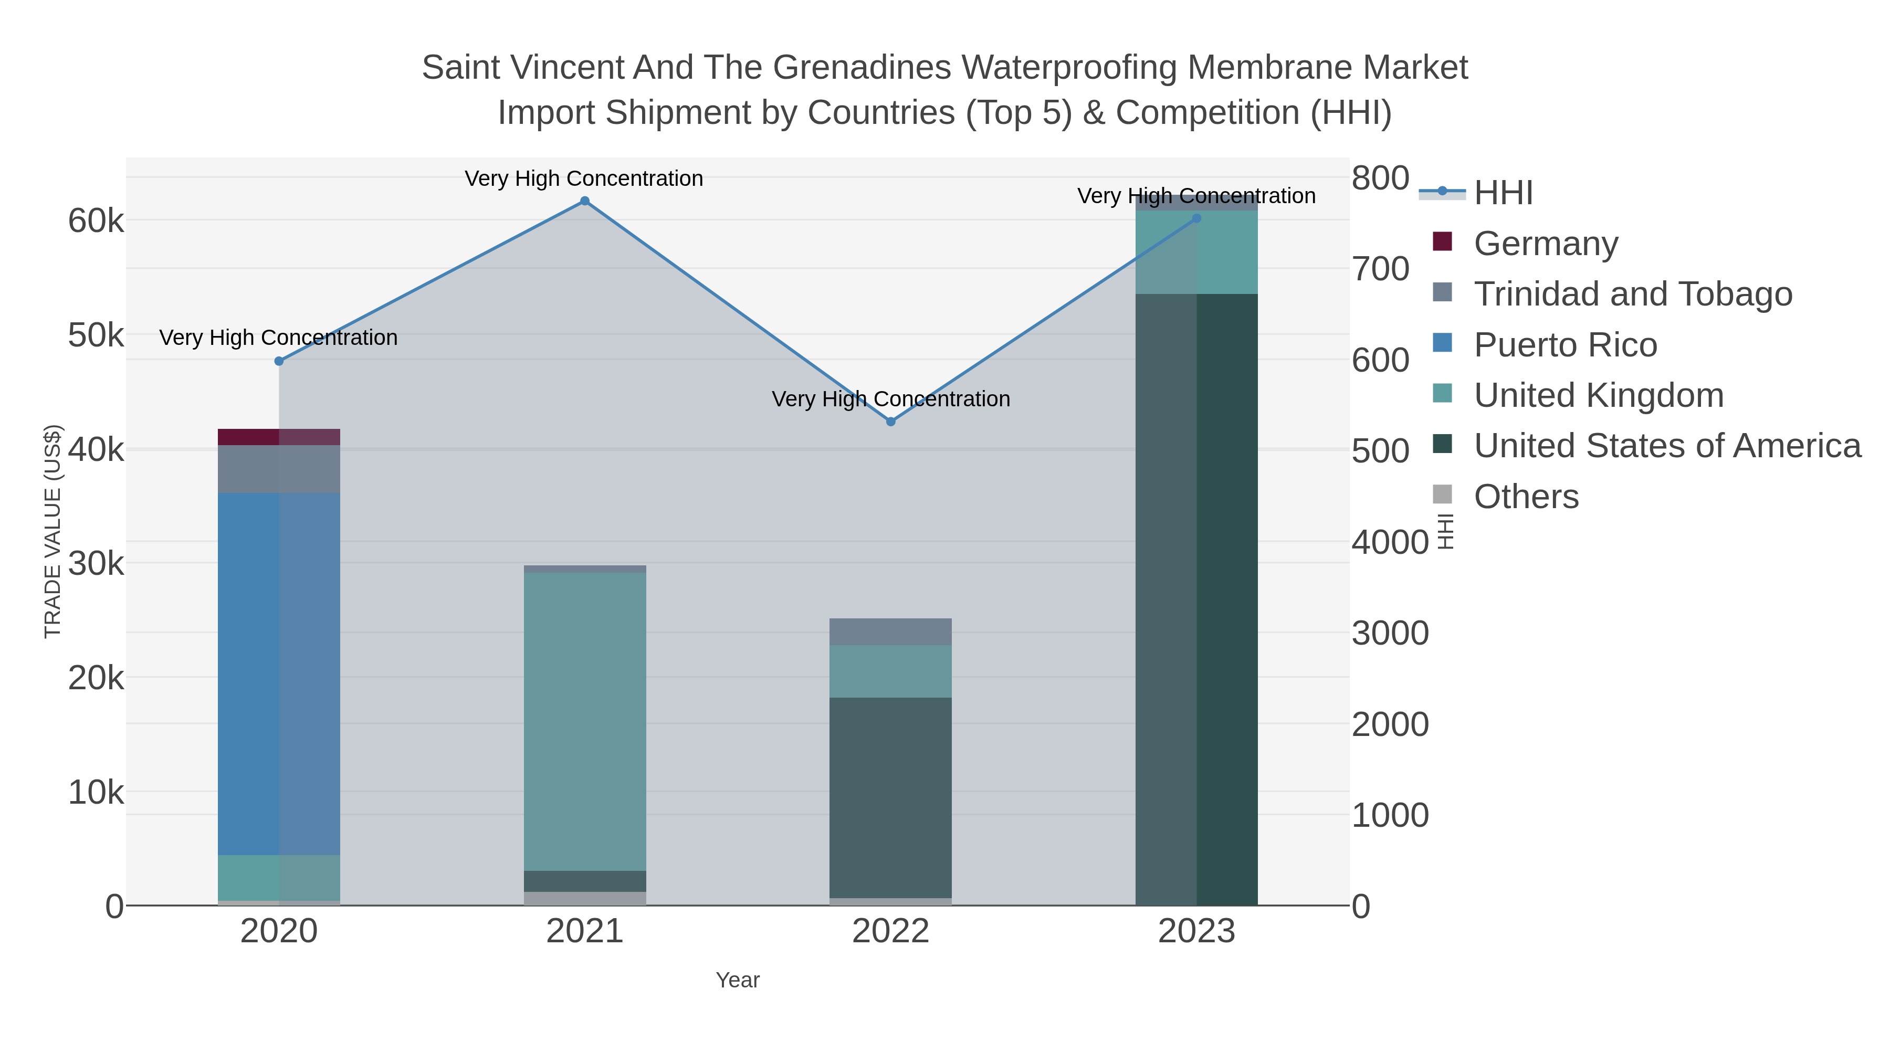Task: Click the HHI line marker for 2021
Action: (x=585, y=201)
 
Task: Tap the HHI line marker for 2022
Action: (x=891, y=422)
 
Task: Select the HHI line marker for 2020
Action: (x=279, y=361)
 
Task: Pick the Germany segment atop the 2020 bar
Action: (x=279, y=437)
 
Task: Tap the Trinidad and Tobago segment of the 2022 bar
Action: (x=891, y=632)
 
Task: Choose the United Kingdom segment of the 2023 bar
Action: (x=1196, y=252)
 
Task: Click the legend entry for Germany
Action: (x=1545, y=244)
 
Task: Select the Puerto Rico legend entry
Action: (x=1564, y=345)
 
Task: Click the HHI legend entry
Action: (x=1503, y=193)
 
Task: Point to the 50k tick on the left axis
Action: (x=96, y=336)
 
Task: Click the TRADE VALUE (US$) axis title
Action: (x=53, y=531)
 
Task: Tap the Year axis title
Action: (x=738, y=980)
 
